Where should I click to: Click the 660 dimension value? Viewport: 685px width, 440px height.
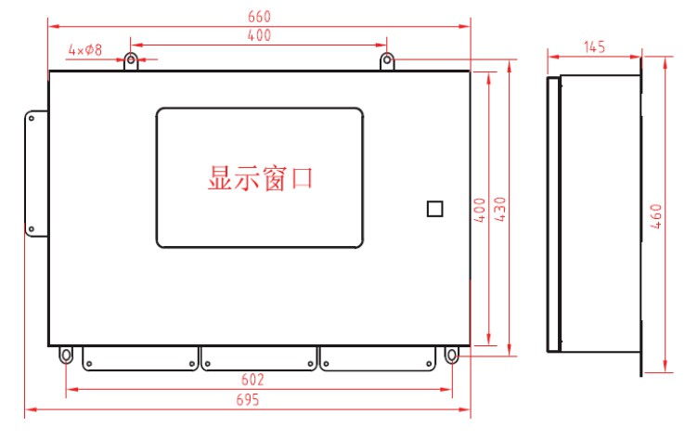(x=259, y=17)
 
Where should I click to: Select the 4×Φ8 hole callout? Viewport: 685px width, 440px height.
(x=85, y=50)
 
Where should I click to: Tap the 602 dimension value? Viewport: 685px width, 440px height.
(x=252, y=380)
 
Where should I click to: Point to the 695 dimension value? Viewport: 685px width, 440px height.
(x=248, y=399)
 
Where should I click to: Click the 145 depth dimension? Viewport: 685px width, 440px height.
(x=595, y=46)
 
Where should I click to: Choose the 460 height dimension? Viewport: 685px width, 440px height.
(x=655, y=216)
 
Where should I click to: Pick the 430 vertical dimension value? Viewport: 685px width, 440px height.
(x=499, y=209)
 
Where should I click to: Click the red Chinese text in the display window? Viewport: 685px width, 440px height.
(x=261, y=178)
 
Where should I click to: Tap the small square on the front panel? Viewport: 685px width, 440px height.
(x=434, y=209)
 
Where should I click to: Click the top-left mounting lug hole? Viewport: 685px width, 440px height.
(x=131, y=59)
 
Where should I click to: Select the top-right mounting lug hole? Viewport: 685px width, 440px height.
(x=387, y=59)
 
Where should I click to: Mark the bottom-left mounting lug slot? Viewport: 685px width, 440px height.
(x=66, y=355)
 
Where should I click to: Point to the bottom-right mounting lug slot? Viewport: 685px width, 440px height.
(x=452, y=355)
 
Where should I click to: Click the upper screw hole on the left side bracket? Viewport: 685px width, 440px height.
(x=31, y=119)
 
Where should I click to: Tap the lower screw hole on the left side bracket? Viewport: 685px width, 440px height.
(x=31, y=229)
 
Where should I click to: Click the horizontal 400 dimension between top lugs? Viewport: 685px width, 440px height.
(x=259, y=35)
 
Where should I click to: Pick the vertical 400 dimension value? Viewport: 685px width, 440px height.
(x=480, y=210)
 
